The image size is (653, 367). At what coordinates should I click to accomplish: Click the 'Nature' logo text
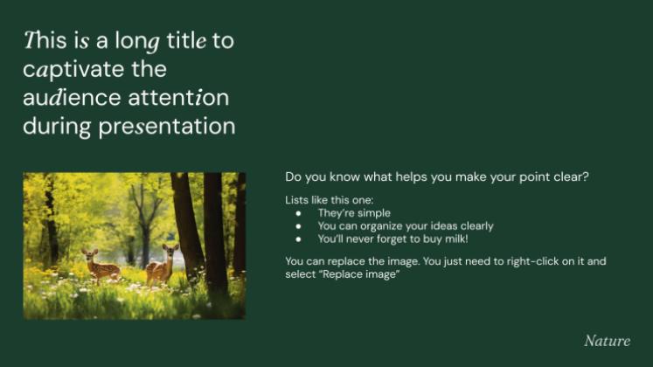(606, 340)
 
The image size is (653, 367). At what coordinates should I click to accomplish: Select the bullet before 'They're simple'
(299, 213)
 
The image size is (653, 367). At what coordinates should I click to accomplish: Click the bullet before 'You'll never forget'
(299, 238)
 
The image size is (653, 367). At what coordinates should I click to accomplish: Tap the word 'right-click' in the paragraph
(531, 261)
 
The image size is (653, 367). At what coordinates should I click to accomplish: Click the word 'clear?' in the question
(570, 177)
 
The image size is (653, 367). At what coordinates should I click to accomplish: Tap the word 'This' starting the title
(43, 40)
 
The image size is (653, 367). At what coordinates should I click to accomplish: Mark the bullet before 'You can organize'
(299, 225)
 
